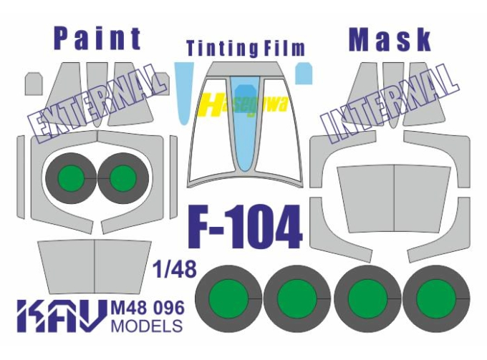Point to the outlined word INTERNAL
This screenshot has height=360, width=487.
(390, 100)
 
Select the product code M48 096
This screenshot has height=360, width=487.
(148, 308)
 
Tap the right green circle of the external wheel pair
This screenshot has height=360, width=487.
(123, 175)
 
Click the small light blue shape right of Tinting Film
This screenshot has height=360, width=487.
(304, 72)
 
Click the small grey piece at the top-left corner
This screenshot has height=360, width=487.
(32, 82)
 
